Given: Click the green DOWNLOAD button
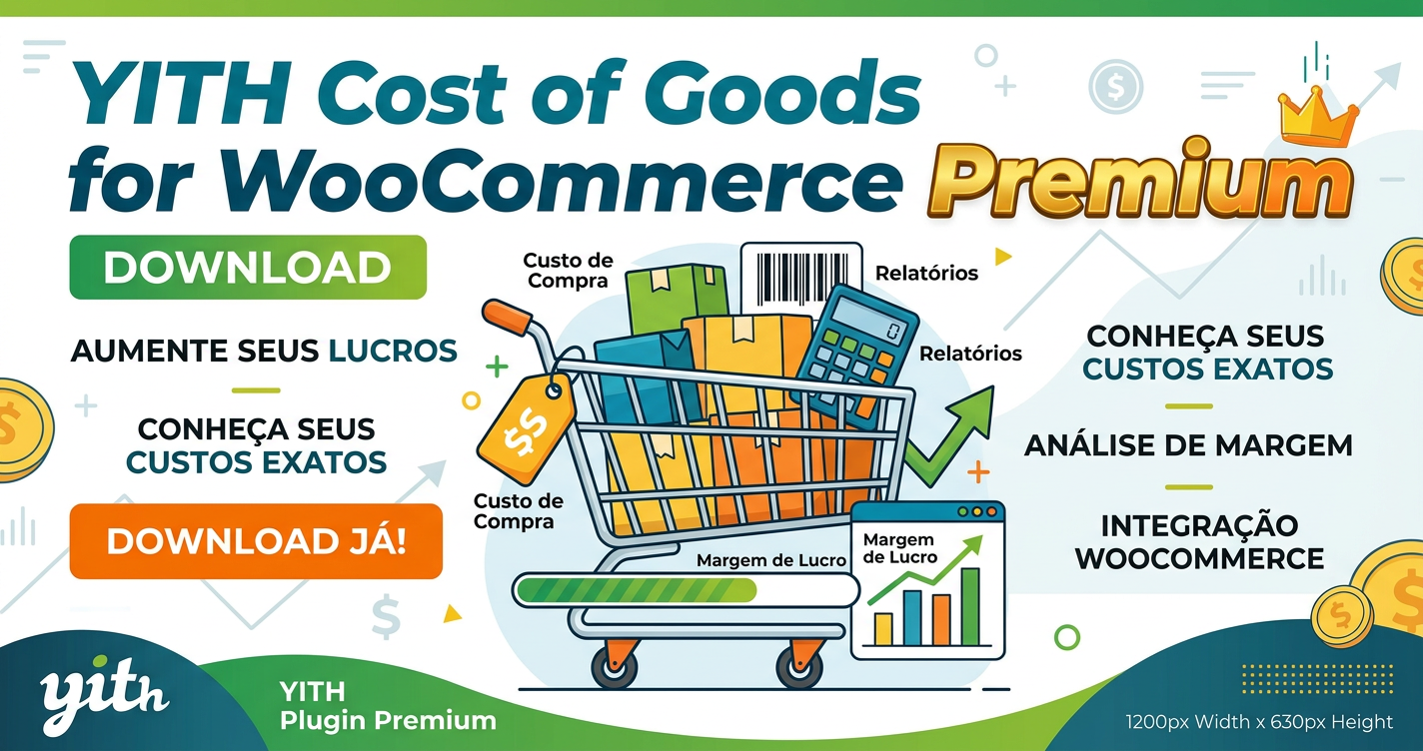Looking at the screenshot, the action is coord(248,268).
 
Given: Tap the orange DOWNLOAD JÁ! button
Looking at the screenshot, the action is coord(256,541).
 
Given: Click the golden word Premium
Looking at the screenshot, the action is coord(1139,181).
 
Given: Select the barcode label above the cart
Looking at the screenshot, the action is coord(801,278).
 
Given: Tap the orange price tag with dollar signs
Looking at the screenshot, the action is coord(525,429).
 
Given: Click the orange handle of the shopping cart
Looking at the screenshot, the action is coord(507,317).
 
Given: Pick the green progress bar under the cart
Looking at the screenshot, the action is coord(637,591).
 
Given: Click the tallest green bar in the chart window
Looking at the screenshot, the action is coord(970,607).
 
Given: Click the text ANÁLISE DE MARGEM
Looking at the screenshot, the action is coord(1188,445).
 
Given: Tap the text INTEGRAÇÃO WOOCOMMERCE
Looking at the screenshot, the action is coord(1199,542).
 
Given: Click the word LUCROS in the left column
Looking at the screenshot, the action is coord(393,352).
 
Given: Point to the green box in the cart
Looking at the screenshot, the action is coord(677,299).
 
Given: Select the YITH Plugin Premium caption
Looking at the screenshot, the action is coord(388,706).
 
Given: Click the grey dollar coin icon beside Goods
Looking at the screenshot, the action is coord(1115,86).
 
